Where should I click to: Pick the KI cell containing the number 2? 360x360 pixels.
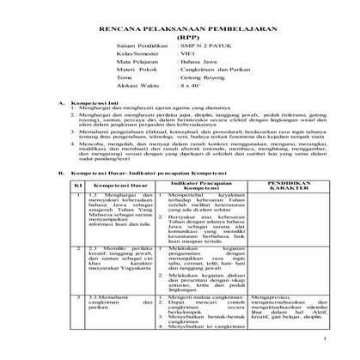tap(76, 270)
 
